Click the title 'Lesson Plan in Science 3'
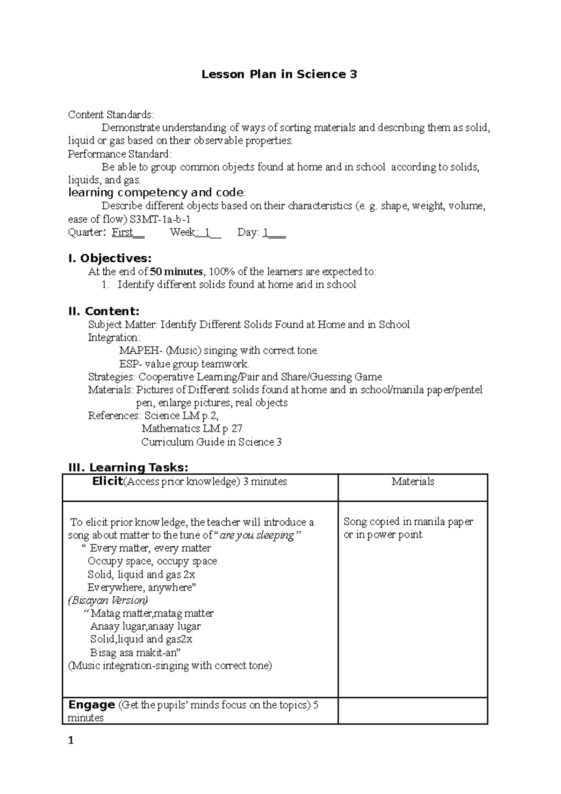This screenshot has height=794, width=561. click(x=279, y=74)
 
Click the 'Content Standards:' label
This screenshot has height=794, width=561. click(x=110, y=115)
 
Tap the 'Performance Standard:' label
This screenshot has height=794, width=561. click(x=120, y=154)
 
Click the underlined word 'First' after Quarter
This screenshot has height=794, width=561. click(x=123, y=232)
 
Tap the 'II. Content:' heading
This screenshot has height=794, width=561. click(x=104, y=311)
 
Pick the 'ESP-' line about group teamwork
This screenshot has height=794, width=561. click(x=184, y=364)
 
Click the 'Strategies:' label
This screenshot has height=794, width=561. click(x=112, y=377)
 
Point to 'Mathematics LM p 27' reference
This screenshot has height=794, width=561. click(x=192, y=429)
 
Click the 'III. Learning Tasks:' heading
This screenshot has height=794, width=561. click(x=128, y=467)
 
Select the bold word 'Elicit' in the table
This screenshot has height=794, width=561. click(x=108, y=482)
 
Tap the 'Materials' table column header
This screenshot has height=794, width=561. click(x=413, y=482)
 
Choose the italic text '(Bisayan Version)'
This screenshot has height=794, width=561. click(x=108, y=600)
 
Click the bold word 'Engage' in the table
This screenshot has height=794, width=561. click(x=92, y=705)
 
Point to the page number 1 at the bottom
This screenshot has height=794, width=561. click(x=71, y=741)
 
